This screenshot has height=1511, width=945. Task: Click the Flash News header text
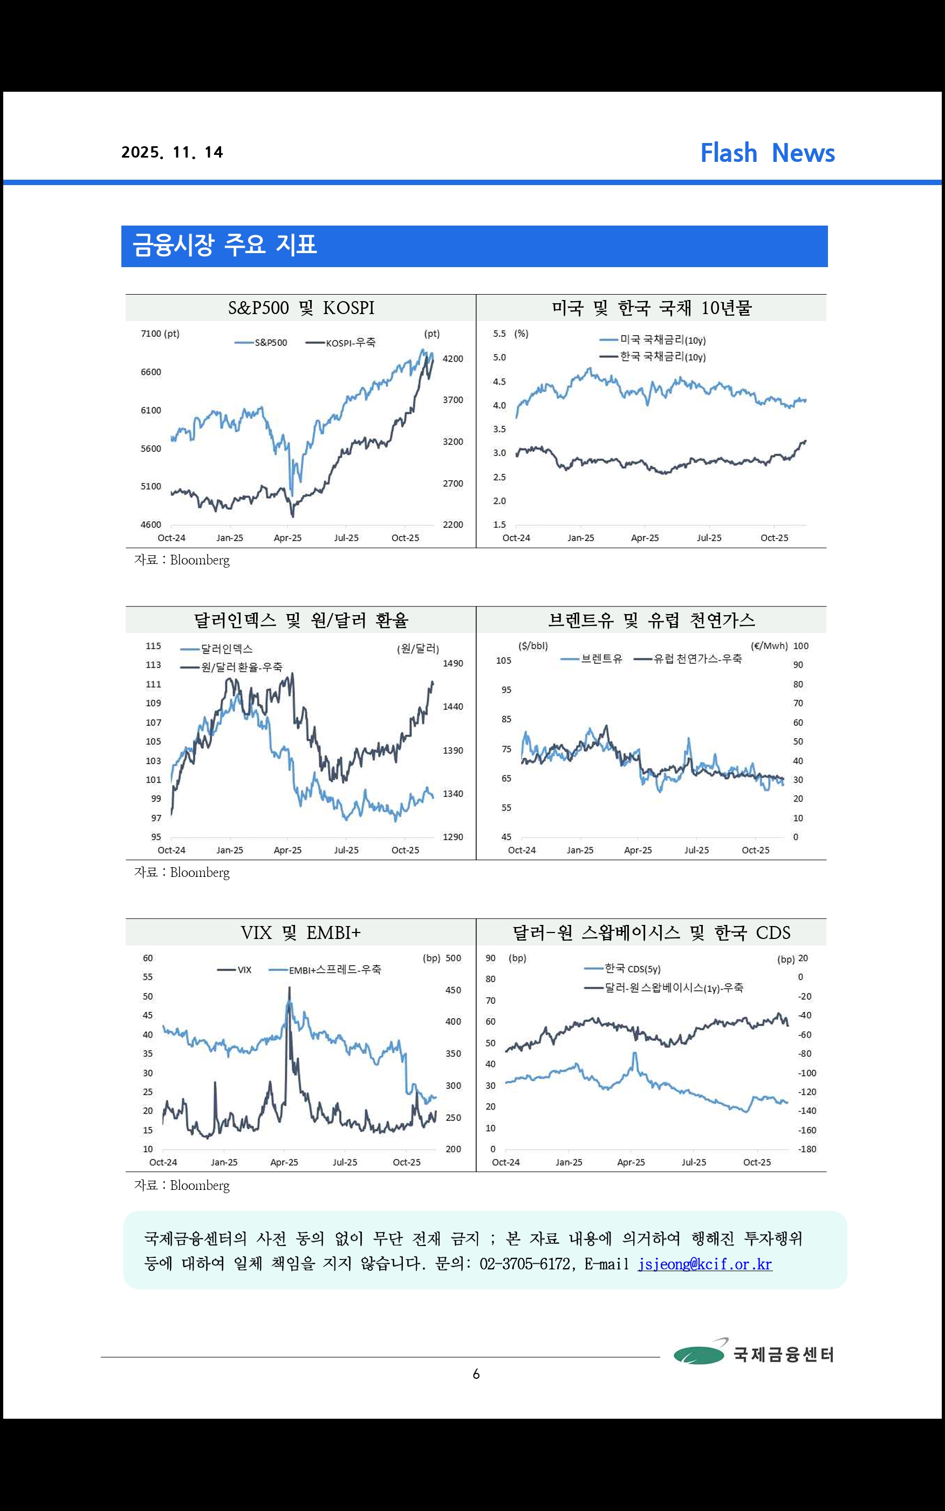(x=767, y=153)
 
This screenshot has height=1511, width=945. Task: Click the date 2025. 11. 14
(x=172, y=153)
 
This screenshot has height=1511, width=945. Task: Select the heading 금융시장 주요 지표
(x=224, y=245)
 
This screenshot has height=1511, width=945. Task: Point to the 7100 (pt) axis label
(x=160, y=334)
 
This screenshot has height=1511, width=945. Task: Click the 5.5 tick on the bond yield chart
(x=499, y=334)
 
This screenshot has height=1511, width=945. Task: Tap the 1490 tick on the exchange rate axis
(x=453, y=663)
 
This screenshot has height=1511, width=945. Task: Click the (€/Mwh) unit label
(x=769, y=646)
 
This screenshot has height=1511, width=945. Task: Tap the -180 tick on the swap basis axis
(x=807, y=1149)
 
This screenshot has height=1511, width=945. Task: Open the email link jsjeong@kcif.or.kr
(x=704, y=1264)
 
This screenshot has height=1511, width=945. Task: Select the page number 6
(x=476, y=1374)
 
